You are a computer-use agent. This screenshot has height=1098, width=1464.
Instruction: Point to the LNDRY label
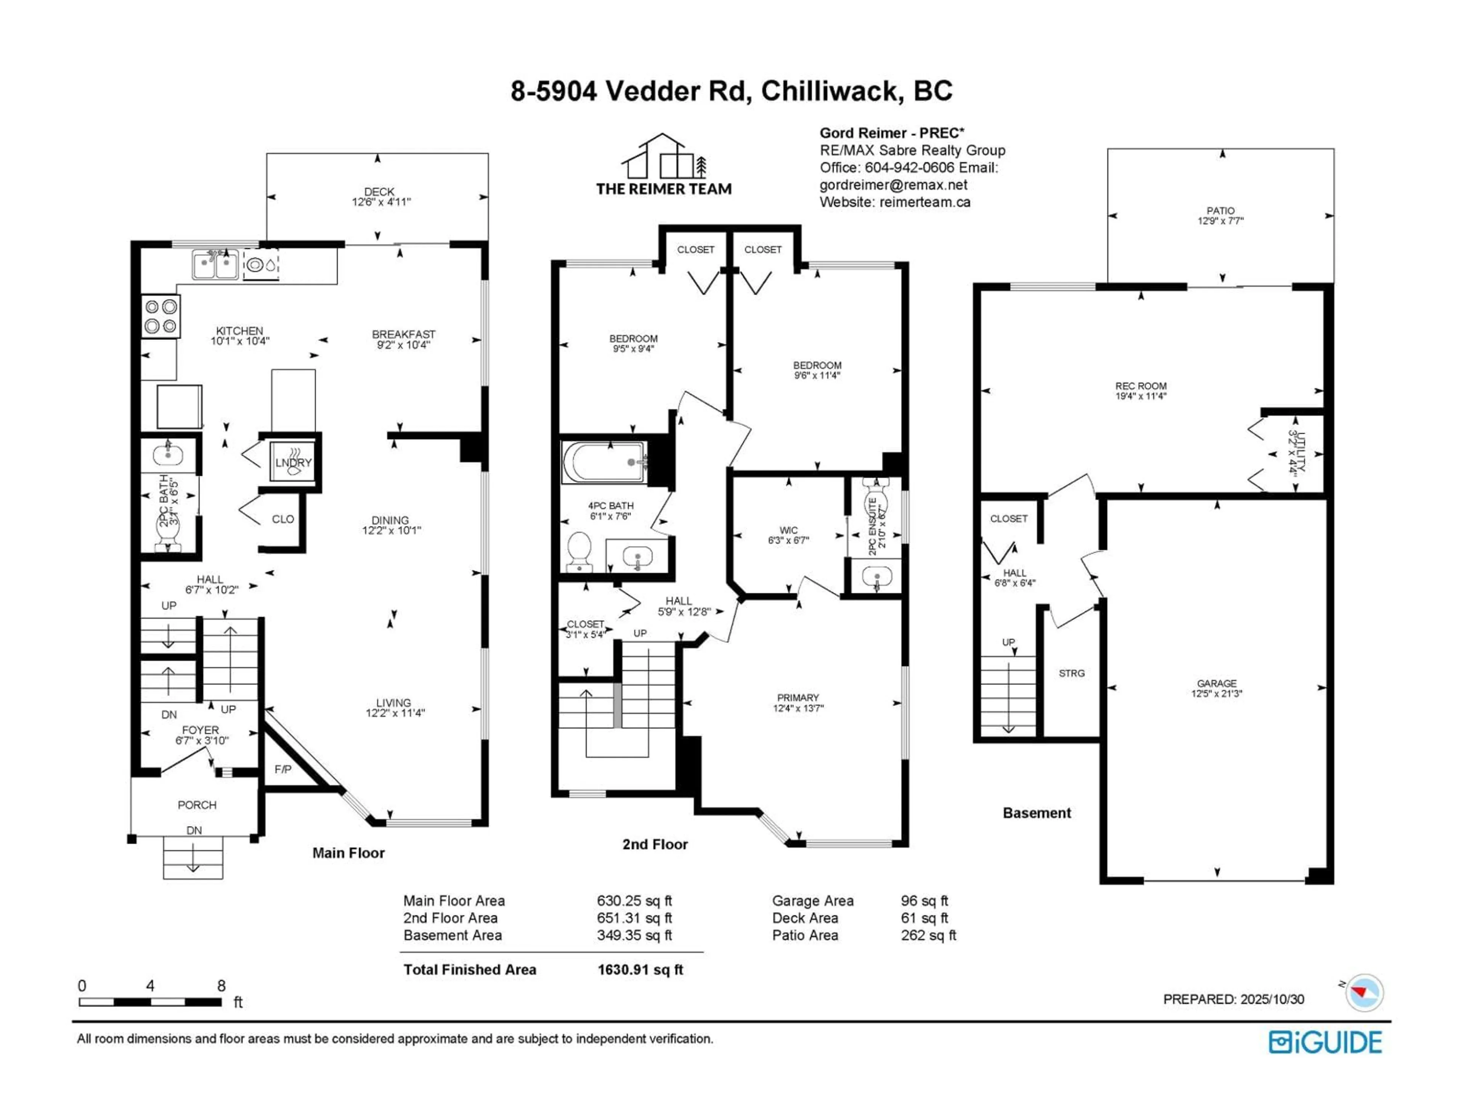(x=293, y=462)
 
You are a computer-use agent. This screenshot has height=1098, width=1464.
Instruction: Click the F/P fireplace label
(x=283, y=769)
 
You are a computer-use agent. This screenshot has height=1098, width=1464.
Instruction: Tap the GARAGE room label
(x=1217, y=683)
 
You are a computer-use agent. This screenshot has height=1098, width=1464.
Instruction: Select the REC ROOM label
(x=1140, y=386)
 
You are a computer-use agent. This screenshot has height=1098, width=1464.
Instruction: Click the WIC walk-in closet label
(x=788, y=530)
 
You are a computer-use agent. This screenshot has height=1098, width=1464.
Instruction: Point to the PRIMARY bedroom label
(x=798, y=698)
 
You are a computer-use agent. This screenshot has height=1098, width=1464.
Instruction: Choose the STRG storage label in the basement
(x=1072, y=673)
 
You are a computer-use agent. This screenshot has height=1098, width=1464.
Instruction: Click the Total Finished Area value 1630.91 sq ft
(x=640, y=970)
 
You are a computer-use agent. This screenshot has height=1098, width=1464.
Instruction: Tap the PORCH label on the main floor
(x=197, y=805)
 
